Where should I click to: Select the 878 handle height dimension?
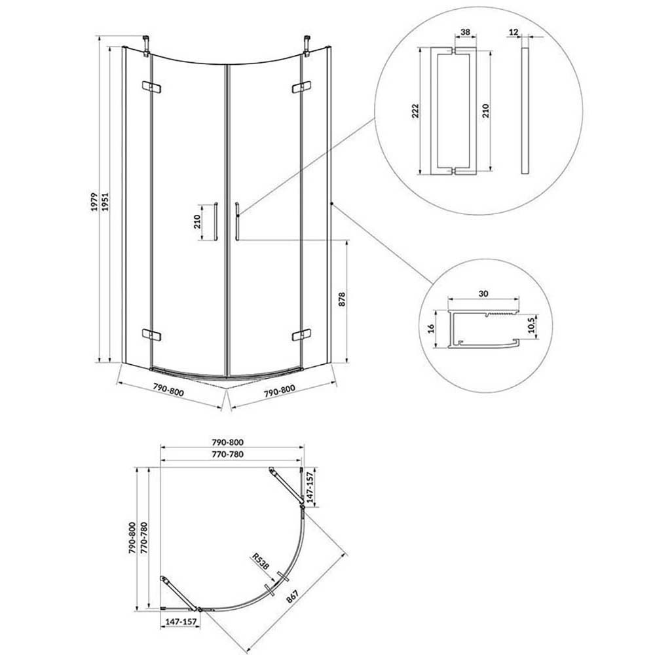[x=342, y=300]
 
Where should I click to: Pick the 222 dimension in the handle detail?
[x=415, y=111]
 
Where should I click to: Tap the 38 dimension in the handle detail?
[x=465, y=32]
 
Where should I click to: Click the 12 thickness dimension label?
[x=514, y=32]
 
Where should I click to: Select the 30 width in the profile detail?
[x=483, y=293]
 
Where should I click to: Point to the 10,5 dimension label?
[x=531, y=325]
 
